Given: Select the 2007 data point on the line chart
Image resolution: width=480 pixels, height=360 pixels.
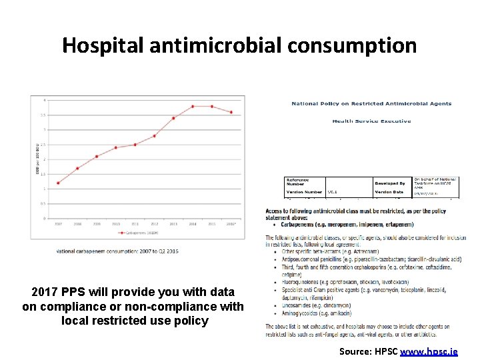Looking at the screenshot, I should pyautogui.click(x=59, y=183).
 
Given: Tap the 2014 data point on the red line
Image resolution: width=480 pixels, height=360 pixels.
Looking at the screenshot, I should pyautogui.click(x=193, y=106).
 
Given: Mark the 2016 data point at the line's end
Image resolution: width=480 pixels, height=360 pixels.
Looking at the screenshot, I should pyautogui.click(x=231, y=112).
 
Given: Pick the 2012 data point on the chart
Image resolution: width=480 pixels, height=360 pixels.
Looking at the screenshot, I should pyautogui.click(x=155, y=135).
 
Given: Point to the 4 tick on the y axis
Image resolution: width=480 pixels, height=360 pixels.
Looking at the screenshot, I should pyautogui.click(x=45, y=100).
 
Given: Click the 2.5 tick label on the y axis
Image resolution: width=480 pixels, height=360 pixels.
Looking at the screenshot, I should pyautogui.click(x=43, y=145).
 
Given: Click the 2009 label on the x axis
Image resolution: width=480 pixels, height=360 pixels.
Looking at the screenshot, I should pyautogui.click(x=97, y=224).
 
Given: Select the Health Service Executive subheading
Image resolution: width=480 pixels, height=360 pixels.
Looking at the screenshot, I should pyautogui.click(x=371, y=121).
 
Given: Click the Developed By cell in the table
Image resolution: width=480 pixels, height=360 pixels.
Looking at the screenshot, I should pyautogui.click(x=390, y=183).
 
